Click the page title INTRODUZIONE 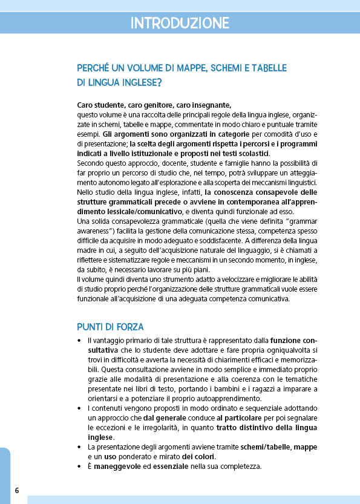point(180,24)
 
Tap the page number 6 point(17,489)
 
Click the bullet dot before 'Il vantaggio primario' point(80,341)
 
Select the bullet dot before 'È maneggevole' point(80,466)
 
